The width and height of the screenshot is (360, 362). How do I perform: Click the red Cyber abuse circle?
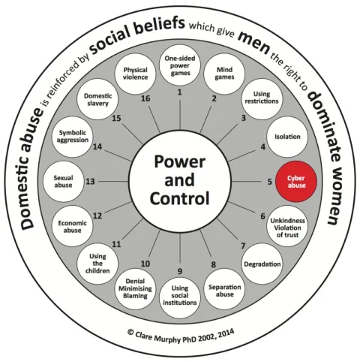296,182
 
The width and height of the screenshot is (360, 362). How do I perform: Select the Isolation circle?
287,137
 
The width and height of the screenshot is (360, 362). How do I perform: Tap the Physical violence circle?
135,74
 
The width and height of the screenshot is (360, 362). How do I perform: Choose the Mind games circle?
224,74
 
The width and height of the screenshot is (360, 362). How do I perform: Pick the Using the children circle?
97,264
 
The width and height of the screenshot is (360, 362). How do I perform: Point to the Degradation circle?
262,264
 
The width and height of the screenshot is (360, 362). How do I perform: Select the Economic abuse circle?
72,226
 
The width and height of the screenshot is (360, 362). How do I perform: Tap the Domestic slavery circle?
97,99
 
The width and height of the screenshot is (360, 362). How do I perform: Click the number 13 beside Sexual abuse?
90,182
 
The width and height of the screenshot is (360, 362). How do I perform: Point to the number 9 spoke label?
180,271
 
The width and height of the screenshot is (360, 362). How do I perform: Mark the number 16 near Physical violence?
145,98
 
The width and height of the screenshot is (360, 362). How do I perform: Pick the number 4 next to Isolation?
263,147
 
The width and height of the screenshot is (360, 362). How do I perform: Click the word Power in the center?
180,162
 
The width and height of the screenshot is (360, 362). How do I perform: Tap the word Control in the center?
179,198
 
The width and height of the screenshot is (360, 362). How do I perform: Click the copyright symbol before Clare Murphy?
130,332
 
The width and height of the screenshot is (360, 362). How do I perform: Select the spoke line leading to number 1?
180,114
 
